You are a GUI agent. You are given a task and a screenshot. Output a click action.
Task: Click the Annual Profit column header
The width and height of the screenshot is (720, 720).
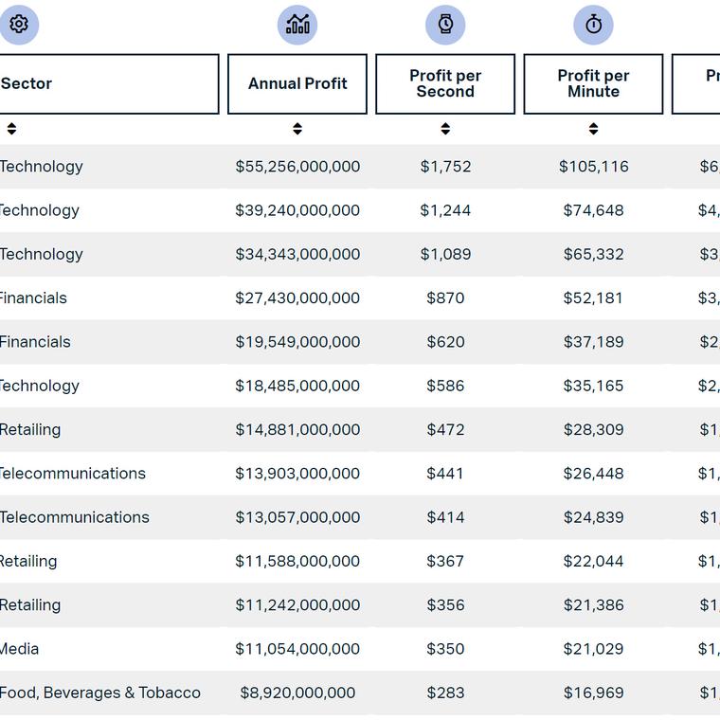tap(297, 83)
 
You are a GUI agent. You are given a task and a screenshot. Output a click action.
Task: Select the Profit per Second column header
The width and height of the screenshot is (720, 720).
tap(445, 83)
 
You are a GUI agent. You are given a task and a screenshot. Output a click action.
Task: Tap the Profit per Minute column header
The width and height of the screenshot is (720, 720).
tap(593, 83)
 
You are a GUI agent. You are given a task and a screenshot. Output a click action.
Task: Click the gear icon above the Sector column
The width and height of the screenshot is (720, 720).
tap(19, 25)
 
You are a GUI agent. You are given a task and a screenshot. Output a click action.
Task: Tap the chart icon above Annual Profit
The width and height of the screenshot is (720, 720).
tap(297, 25)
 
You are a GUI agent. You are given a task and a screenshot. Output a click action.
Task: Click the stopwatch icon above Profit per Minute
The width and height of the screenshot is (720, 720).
tap(593, 25)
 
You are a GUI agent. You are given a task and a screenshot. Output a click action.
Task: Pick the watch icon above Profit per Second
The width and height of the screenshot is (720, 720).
tap(445, 25)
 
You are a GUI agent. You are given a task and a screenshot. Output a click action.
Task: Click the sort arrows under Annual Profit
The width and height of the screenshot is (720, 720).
tap(297, 129)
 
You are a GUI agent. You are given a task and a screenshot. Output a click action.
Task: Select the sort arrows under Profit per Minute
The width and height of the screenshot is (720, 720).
tap(593, 129)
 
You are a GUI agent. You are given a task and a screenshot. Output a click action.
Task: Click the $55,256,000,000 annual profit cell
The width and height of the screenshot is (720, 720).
tap(297, 167)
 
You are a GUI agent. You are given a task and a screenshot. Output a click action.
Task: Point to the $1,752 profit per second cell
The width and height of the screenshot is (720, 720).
tap(445, 167)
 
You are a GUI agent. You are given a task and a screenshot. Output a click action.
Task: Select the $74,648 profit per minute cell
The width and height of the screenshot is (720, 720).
tap(593, 210)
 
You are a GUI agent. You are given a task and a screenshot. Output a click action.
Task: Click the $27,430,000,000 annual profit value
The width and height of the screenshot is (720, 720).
tap(297, 298)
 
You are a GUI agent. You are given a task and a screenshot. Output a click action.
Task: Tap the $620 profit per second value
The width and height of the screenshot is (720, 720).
tap(445, 342)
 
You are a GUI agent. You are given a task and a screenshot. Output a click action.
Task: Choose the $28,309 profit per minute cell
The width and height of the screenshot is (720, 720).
tap(593, 430)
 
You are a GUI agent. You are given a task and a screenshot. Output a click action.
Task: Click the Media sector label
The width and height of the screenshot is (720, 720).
tap(20, 649)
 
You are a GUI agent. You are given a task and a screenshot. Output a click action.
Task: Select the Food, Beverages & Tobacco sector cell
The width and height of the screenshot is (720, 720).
tap(100, 693)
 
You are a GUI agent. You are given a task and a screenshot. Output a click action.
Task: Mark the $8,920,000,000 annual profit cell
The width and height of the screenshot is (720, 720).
tap(297, 693)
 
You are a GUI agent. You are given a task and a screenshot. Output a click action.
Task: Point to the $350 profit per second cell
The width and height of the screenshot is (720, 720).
tap(445, 649)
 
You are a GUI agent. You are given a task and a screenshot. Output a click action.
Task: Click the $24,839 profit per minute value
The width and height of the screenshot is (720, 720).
tap(593, 517)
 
